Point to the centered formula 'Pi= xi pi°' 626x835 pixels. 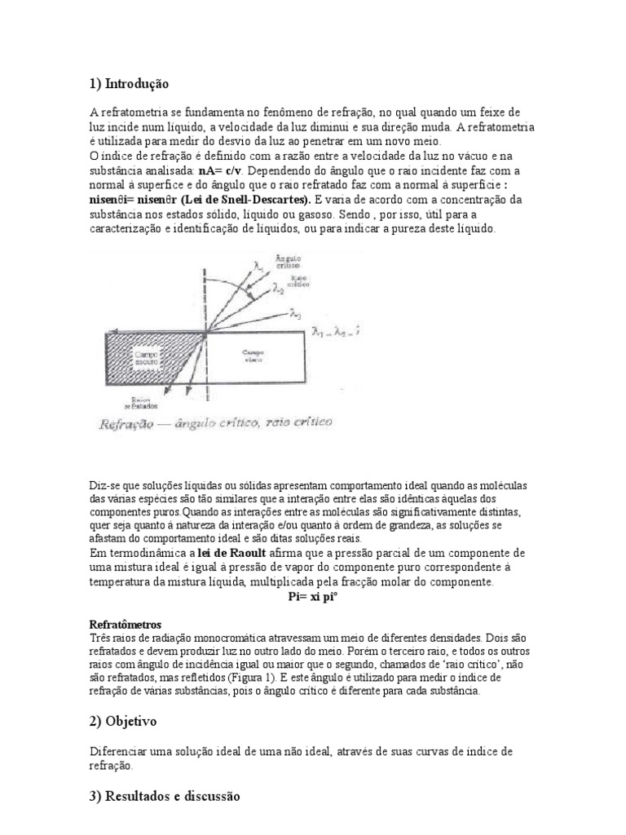tap(313, 596)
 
